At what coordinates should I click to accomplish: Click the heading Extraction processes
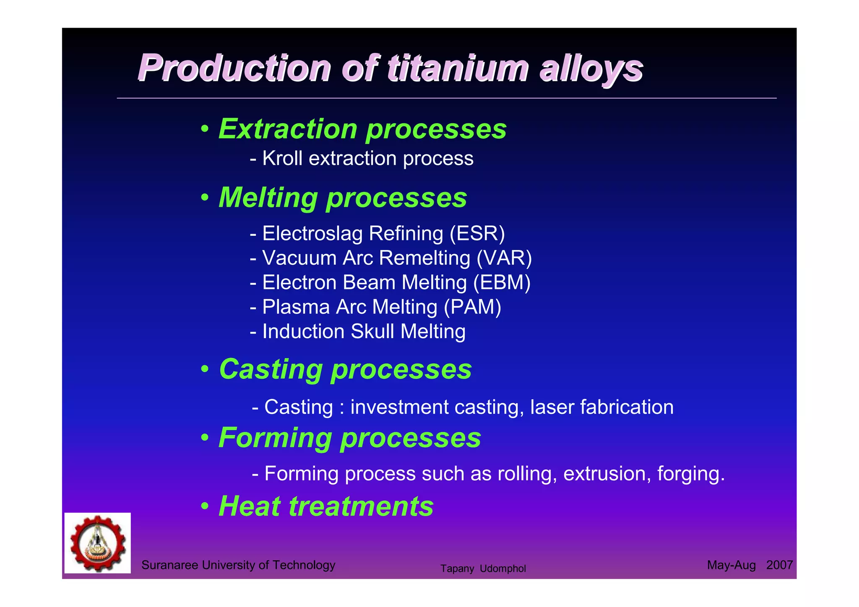pos(362,129)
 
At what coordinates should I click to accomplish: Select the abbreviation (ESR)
pos(477,234)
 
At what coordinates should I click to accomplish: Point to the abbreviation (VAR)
pos(504,258)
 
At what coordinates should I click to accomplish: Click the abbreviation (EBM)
pos(502,283)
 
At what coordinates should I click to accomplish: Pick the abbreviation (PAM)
pos(472,307)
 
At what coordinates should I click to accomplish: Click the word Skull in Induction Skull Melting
pos(372,331)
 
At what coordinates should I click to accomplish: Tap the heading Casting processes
pos(345,369)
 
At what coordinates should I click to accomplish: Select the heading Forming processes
pos(350,438)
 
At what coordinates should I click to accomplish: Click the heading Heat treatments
pos(326,506)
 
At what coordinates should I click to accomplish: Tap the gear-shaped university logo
pos(98,543)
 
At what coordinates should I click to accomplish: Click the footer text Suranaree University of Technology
pos(238,565)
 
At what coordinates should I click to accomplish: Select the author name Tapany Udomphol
pos(483,569)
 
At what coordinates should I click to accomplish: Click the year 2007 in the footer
pos(779,565)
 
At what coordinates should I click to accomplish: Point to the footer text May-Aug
pos(731,565)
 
